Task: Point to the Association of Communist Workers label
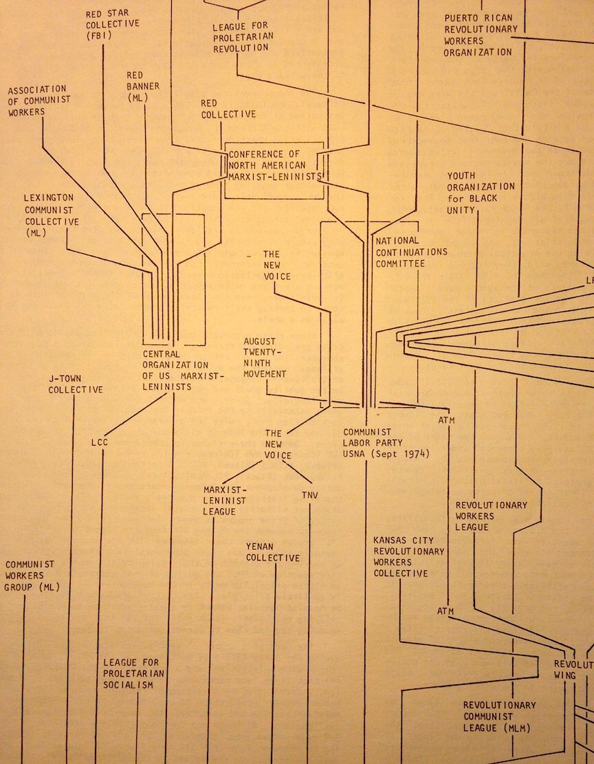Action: coord(38,100)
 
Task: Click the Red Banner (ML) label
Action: coord(143,87)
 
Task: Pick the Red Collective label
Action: coord(228,109)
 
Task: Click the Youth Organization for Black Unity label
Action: coord(481,193)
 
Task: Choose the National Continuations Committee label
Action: coord(410,252)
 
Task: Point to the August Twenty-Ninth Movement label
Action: coord(265,357)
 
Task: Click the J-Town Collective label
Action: coord(76,384)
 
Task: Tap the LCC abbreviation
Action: coord(100,441)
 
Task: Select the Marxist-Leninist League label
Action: coord(224,500)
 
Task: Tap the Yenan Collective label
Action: coord(273,552)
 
